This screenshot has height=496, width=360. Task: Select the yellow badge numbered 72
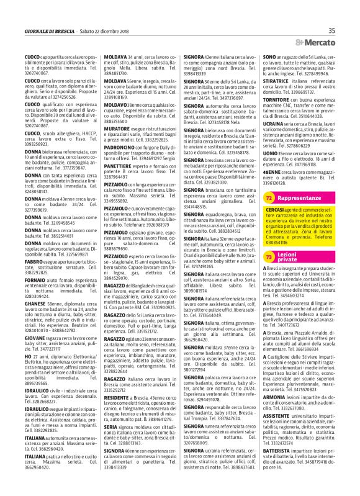[269, 214]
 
